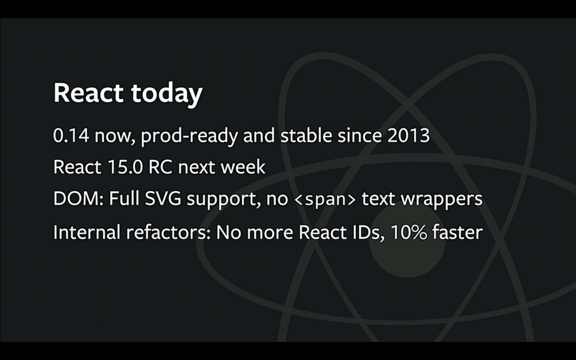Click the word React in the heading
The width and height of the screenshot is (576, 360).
pyautogui.click(x=88, y=93)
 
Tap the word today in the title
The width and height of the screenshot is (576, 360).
pyautogui.click(x=166, y=94)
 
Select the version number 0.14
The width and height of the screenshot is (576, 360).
pyautogui.click(x=71, y=136)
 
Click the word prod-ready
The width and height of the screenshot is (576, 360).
pyautogui.click(x=189, y=136)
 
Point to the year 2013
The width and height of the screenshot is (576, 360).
pyautogui.click(x=408, y=136)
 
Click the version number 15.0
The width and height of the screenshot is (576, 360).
pyautogui.click(x=125, y=167)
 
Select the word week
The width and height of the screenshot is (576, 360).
pyautogui.click(x=242, y=166)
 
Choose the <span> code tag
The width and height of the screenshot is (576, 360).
pyautogui.click(x=325, y=199)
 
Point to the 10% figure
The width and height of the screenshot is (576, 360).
pyautogui.click(x=408, y=232)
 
